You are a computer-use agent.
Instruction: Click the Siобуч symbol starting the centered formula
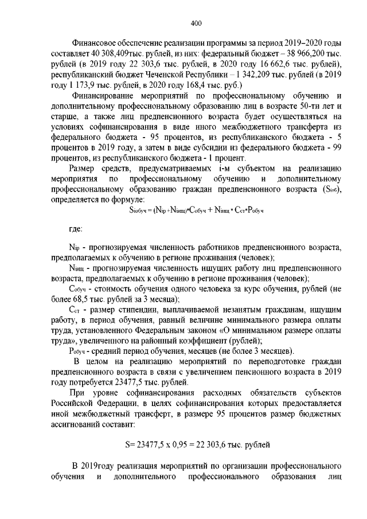pyautogui.click(x=140, y=210)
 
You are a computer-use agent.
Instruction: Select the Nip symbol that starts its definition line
pyautogui.click(x=73, y=247)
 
